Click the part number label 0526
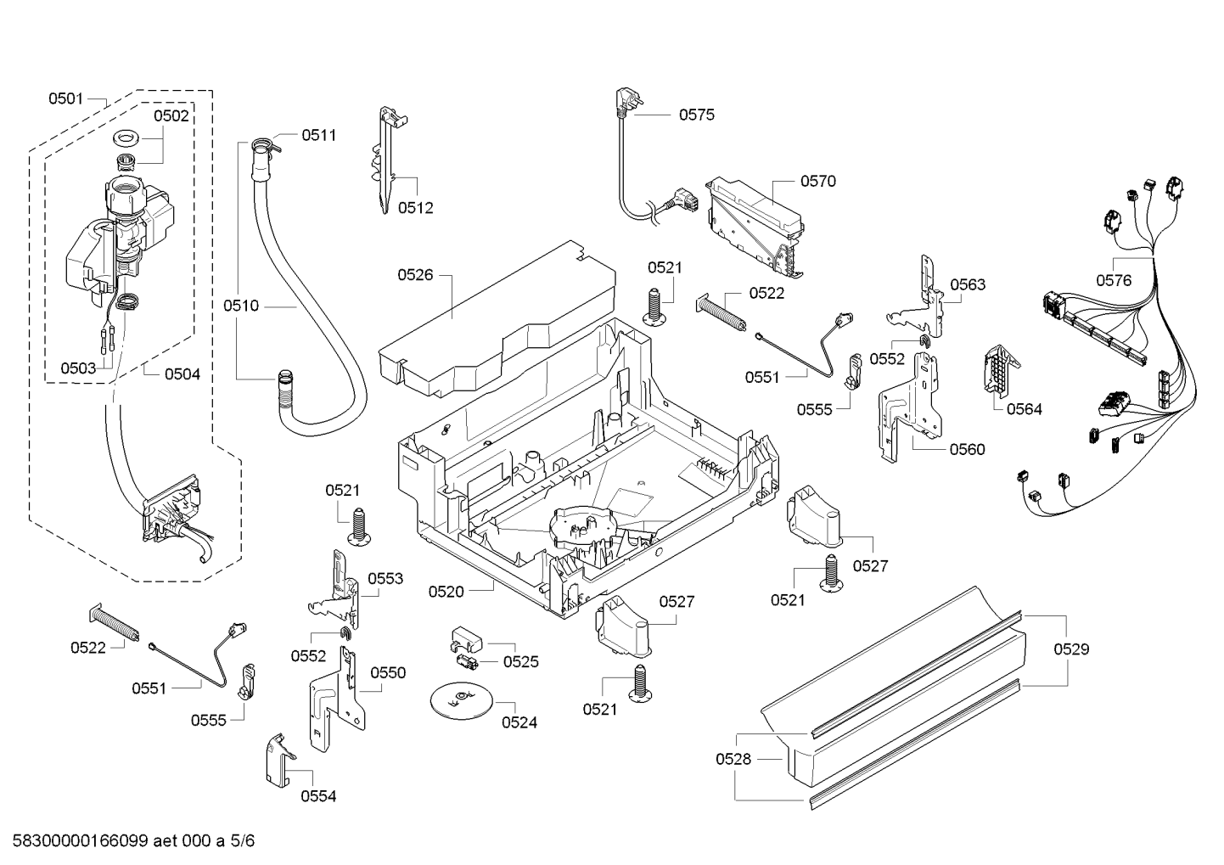[x=415, y=274]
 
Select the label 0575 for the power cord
[x=696, y=115]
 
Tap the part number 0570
[x=817, y=181]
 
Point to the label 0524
[x=519, y=722]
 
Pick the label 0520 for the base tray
[x=446, y=591]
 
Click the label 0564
[x=1024, y=409]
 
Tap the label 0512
[x=415, y=207]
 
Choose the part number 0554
[x=318, y=796]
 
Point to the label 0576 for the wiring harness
[x=1113, y=280]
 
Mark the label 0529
[x=1071, y=649]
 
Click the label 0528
[x=733, y=759]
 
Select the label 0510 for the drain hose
[x=241, y=306]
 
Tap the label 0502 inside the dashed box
[x=171, y=116]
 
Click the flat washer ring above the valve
[x=126, y=137]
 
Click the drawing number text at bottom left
[x=127, y=841]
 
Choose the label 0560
[x=968, y=449]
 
